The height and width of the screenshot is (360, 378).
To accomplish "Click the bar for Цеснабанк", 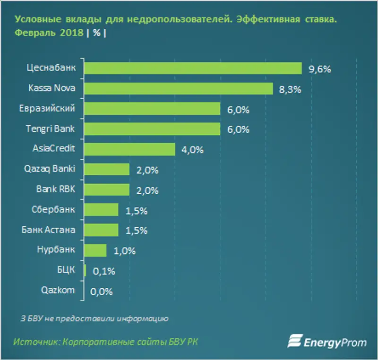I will pos(193,69).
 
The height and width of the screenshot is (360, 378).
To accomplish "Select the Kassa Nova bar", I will pos(179,89).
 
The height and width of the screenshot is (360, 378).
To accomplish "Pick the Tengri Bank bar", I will pos(152,129).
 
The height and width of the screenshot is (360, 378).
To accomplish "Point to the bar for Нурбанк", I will pos(95,250).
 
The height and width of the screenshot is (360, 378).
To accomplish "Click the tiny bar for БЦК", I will pos(85,270).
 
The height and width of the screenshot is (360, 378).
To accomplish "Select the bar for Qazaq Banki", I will pos(107,169).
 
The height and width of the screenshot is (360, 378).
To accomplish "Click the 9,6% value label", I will pos(319,69).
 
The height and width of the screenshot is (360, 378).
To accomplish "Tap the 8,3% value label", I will pos(291,89).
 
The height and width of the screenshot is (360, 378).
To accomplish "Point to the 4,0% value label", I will pos(192,150).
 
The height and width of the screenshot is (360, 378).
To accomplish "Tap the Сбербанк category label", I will pos(55,209).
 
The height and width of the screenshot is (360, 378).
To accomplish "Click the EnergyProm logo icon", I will pos(295,342).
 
